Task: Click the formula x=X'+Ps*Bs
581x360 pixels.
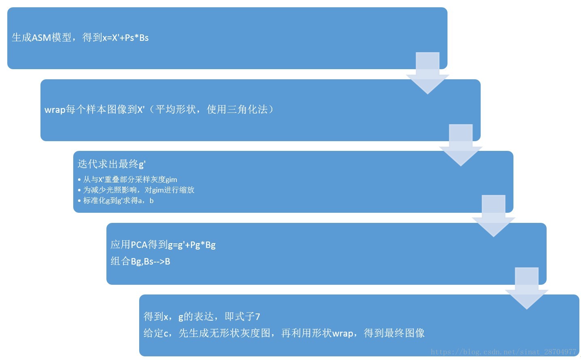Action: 125,38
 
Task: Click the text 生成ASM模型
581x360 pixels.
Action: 42,38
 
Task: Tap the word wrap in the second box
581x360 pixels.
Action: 55,110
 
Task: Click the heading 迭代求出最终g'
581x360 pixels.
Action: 111,164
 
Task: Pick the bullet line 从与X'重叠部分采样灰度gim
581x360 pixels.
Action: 130,180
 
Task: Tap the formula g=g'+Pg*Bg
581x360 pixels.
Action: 192,245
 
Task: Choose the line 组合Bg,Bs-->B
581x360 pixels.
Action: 140,261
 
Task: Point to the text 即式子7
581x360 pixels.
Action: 242,317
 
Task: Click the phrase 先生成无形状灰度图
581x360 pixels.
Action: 224,333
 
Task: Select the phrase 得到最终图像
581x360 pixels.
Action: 394,333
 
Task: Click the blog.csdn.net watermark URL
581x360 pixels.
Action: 503,352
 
